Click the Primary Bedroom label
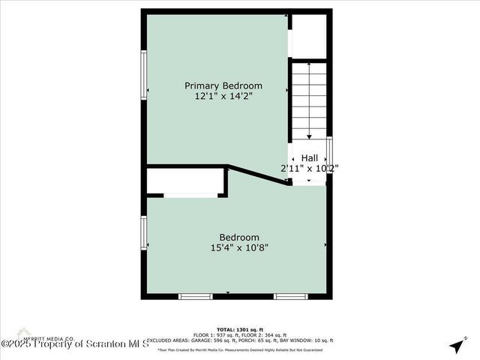pyautogui.click(x=223, y=85)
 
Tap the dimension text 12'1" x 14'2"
pyautogui.click(x=223, y=96)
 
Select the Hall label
pyautogui.click(x=309, y=157)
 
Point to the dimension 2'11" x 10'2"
pyautogui.click(x=309, y=168)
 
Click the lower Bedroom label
pyautogui.click(x=239, y=238)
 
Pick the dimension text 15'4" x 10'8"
pyautogui.click(x=239, y=248)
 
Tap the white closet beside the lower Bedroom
pyautogui.click(x=184, y=181)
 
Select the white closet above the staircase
pyautogui.click(x=308, y=35)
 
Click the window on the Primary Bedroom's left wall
pyautogui.click(x=144, y=75)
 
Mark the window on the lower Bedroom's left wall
pyautogui.click(x=144, y=232)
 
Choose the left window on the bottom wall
pyautogui.click(x=196, y=296)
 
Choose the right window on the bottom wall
pyautogui.click(x=290, y=296)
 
